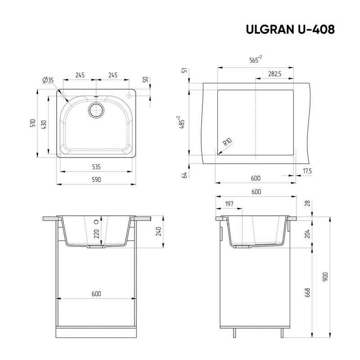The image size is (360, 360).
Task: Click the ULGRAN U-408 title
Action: (290, 29)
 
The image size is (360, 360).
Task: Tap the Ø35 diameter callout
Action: (48, 80)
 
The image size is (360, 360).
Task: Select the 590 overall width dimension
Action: (96, 180)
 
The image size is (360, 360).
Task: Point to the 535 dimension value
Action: (96, 167)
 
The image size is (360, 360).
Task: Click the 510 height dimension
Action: (33, 123)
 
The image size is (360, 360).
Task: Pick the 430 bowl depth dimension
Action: (44, 125)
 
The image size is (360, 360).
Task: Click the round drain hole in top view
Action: (96, 110)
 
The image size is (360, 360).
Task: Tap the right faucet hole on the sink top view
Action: (130, 95)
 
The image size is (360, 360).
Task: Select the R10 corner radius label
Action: (228, 142)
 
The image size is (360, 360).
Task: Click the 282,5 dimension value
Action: (274, 74)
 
